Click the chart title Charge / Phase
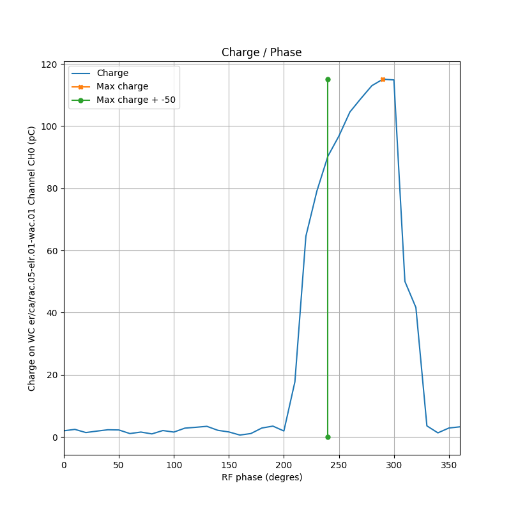click(x=261, y=53)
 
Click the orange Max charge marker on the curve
click(x=383, y=79)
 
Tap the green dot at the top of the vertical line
click(x=328, y=79)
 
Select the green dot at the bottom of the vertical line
click(x=328, y=437)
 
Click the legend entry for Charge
click(x=112, y=73)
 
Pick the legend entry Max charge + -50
click(x=135, y=100)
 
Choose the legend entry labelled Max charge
click(x=122, y=87)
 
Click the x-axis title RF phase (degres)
click(x=261, y=478)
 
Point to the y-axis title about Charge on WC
click(x=32, y=258)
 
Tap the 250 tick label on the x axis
click(x=339, y=464)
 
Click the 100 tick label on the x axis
click(x=174, y=464)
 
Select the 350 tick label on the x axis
click(x=449, y=464)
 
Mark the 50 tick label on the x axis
click(x=119, y=464)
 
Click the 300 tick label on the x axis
click(x=394, y=464)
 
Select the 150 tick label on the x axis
click(x=229, y=464)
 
